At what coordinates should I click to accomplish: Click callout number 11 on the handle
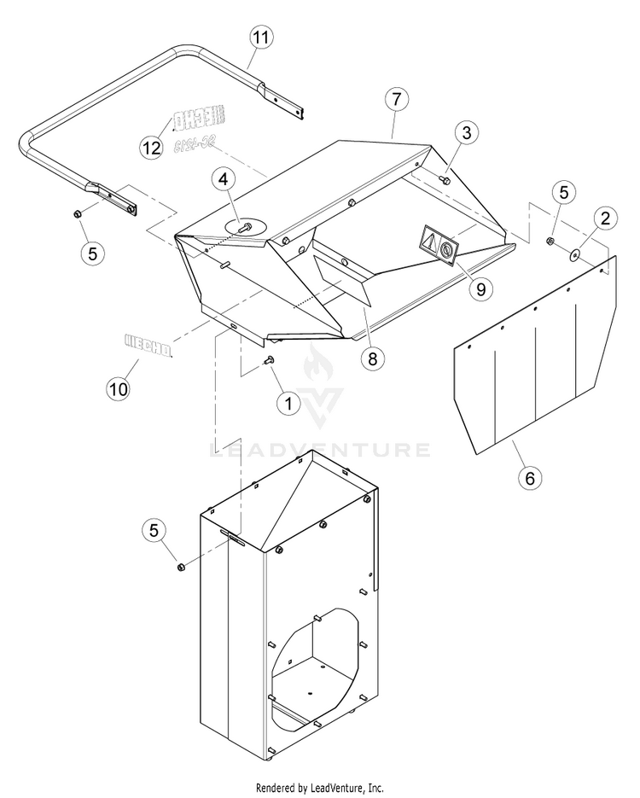(261, 38)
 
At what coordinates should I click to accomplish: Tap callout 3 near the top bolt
(465, 132)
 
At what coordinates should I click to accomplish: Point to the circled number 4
(222, 180)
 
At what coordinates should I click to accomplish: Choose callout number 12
(151, 147)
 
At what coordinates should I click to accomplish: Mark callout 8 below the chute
(372, 358)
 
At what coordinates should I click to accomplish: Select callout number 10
(119, 388)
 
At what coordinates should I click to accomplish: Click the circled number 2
(604, 218)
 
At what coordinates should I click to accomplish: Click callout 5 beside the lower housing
(154, 530)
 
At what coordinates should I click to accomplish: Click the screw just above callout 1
(271, 362)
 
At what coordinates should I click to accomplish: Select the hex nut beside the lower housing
(179, 568)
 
